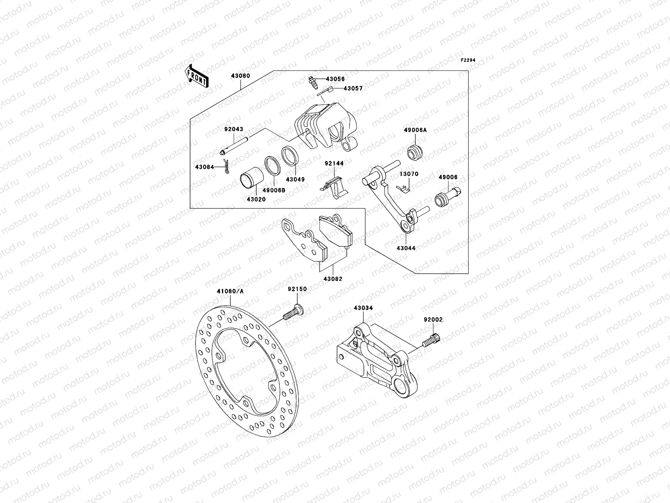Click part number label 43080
[240, 76]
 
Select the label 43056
[335, 79]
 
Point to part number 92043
[234, 130]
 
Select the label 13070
[408, 174]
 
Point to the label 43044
[406, 248]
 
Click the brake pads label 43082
[333, 279]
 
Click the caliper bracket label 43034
[363, 308]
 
